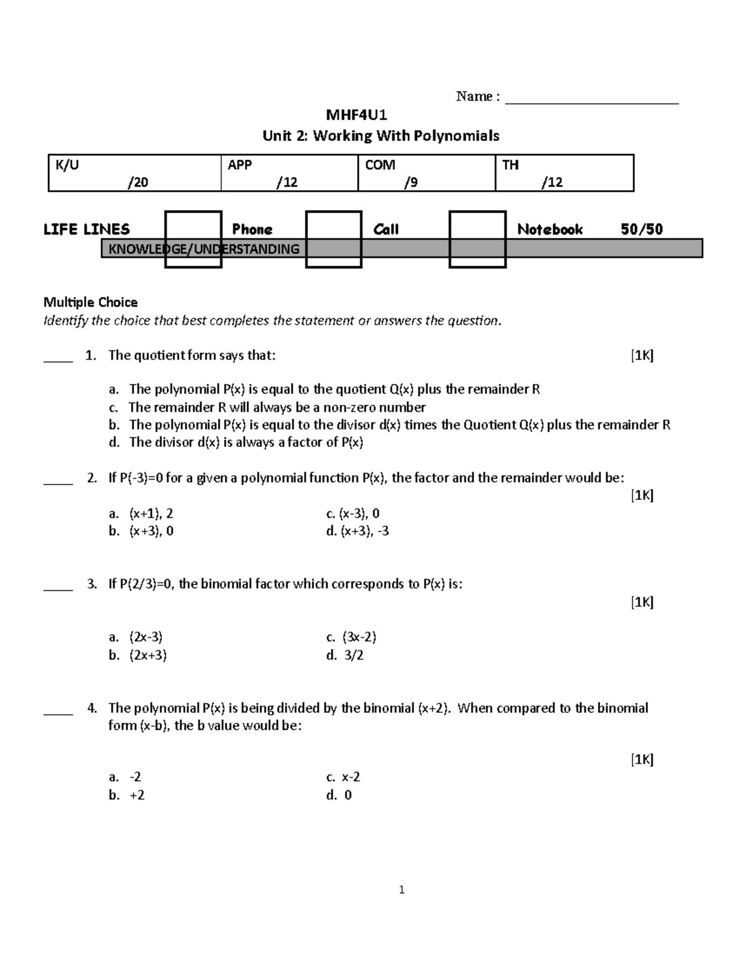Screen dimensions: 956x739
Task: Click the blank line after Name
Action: [591, 98]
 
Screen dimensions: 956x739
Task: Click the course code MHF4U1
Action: [356, 115]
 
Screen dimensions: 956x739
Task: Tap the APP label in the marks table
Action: [240, 165]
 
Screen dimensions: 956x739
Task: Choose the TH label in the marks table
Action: [511, 165]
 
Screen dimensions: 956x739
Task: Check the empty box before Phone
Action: [193, 239]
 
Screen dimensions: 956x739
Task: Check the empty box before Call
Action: [334, 239]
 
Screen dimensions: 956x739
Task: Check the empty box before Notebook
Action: [477, 239]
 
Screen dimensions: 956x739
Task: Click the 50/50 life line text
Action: [642, 230]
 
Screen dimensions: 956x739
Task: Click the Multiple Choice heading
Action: [91, 302]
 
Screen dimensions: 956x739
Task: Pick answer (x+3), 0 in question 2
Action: [151, 531]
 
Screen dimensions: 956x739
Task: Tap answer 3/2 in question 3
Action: [353, 655]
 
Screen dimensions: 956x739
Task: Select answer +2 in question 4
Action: [137, 795]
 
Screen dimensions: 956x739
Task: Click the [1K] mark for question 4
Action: [642, 760]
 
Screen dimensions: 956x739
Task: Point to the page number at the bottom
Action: [402, 890]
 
